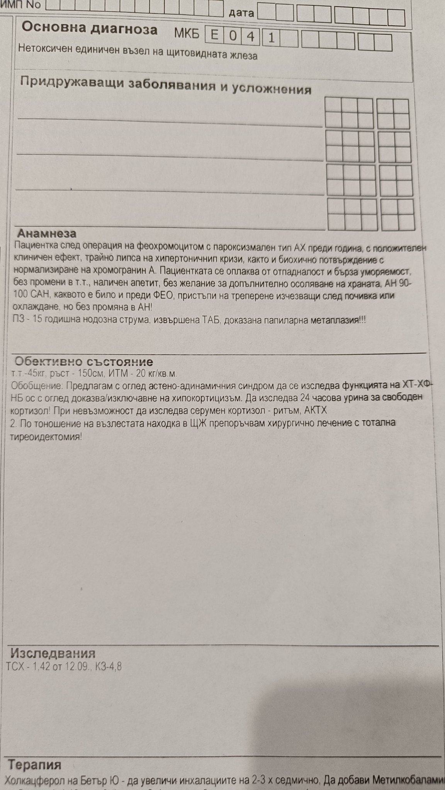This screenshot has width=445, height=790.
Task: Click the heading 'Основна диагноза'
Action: (89, 29)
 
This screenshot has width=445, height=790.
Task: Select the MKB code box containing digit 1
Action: (271, 38)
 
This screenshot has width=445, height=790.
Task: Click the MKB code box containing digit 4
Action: (251, 37)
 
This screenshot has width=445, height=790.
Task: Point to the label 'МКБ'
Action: (187, 34)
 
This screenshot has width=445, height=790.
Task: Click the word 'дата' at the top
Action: (241, 13)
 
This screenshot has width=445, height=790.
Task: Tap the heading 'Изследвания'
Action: (53, 653)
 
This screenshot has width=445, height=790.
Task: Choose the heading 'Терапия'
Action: (35, 765)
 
